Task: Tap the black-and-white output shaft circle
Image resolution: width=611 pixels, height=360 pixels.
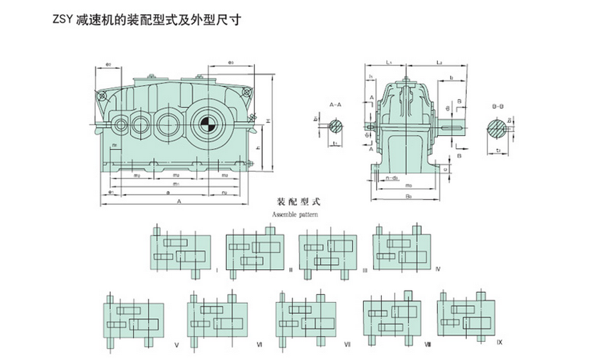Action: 203,124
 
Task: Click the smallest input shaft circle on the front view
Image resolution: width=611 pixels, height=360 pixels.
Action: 120,124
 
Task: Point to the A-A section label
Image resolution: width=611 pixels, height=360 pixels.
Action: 335,104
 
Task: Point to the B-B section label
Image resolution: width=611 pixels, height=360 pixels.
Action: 497,103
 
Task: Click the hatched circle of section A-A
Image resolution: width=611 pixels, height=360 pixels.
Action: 335,125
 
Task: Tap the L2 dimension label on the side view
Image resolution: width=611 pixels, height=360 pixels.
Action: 438,62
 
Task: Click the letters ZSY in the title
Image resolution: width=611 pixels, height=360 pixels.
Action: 63,21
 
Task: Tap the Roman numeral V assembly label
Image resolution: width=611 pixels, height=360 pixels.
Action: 176,345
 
